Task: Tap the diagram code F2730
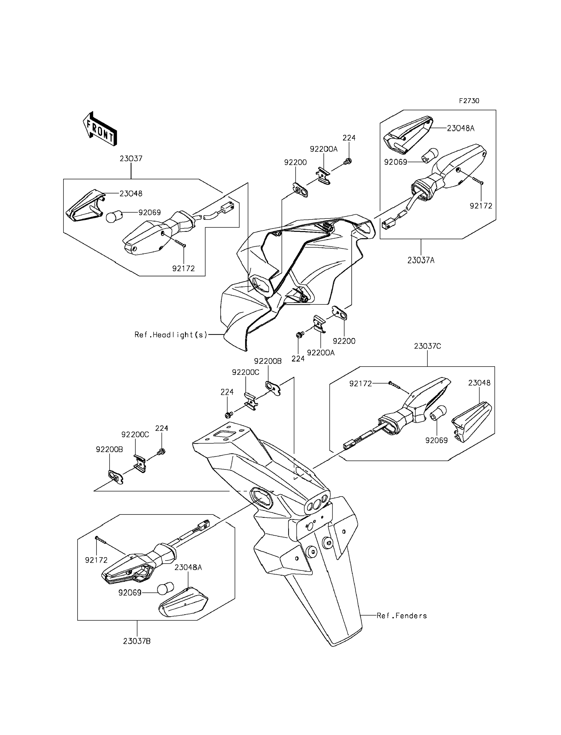pyautogui.click(x=469, y=101)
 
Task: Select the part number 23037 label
pyautogui.click(x=131, y=158)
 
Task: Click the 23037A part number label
pyautogui.click(x=421, y=260)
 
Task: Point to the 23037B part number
pyautogui.click(x=137, y=641)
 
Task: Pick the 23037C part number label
pyautogui.click(x=427, y=346)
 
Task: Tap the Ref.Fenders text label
pyautogui.click(x=402, y=616)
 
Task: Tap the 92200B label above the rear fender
pyautogui.click(x=268, y=361)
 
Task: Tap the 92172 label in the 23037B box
pyautogui.click(x=96, y=560)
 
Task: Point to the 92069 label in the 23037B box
pyautogui.click(x=130, y=593)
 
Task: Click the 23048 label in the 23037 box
pyautogui.click(x=131, y=193)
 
